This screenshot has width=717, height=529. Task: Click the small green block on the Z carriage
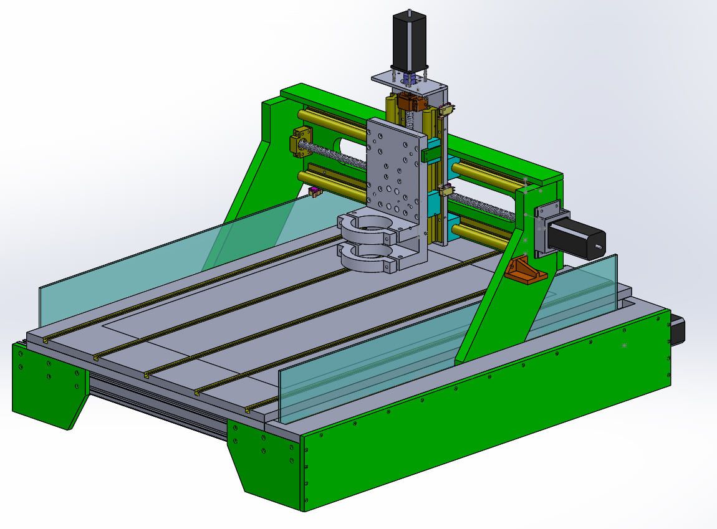coord(431,155)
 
